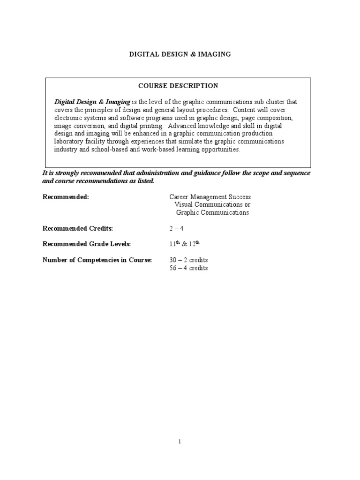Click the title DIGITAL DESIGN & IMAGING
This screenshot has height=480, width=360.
coord(180,54)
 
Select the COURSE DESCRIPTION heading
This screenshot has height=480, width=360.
coord(178,86)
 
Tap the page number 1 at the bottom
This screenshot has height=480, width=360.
coord(180,441)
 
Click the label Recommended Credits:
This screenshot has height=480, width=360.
coord(78,228)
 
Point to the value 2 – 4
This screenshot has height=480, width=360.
coord(176,228)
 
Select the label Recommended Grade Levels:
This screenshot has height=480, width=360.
coord(87,244)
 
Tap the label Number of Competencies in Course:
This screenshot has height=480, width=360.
coord(97,260)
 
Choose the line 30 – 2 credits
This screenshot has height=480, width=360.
coord(188,260)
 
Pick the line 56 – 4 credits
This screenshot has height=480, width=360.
coord(188,268)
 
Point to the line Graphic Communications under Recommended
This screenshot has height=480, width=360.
coord(212,212)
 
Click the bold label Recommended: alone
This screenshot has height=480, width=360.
coord(66,197)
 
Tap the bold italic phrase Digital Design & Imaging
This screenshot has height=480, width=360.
coord(92,102)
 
